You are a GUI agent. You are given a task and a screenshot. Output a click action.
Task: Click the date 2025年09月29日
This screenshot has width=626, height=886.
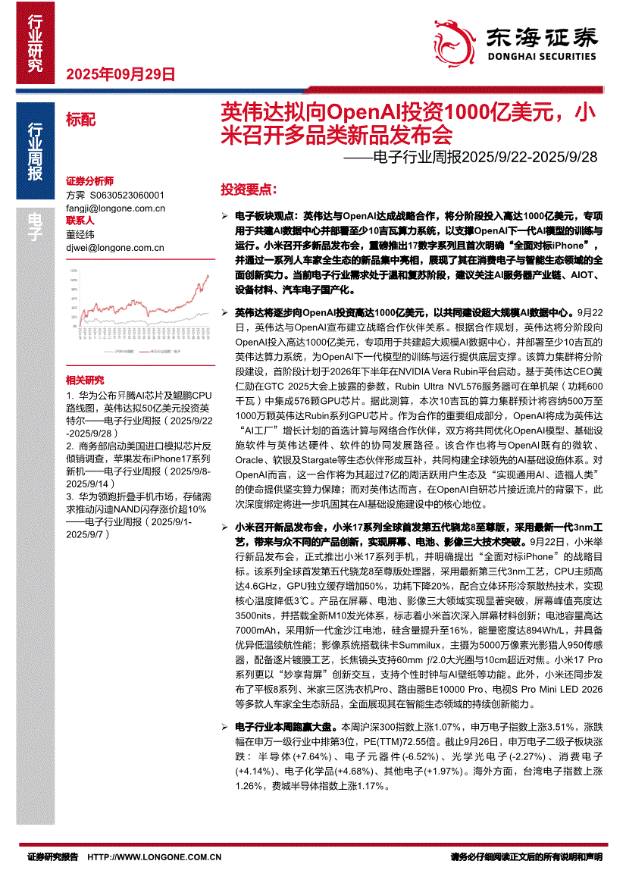pyautogui.click(x=121, y=74)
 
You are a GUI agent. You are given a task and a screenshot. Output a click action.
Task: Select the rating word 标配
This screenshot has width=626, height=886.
pyautogui.click(x=81, y=118)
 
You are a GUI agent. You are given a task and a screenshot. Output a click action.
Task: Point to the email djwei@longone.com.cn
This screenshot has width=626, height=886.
pyautogui.click(x=115, y=247)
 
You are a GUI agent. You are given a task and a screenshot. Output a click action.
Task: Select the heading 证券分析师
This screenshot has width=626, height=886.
pyautogui.click(x=89, y=182)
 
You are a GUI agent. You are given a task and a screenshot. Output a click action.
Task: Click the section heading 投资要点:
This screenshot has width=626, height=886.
pyautogui.click(x=249, y=189)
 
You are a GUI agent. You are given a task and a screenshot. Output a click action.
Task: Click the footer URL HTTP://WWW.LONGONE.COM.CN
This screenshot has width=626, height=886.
pyautogui.click(x=155, y=857)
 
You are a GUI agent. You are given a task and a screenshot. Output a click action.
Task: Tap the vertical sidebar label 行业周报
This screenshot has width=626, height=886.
pyautogui.click(x=35, y=151)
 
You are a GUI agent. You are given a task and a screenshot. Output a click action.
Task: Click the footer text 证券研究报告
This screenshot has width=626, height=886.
pyautogui.click(x=52, y=857)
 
